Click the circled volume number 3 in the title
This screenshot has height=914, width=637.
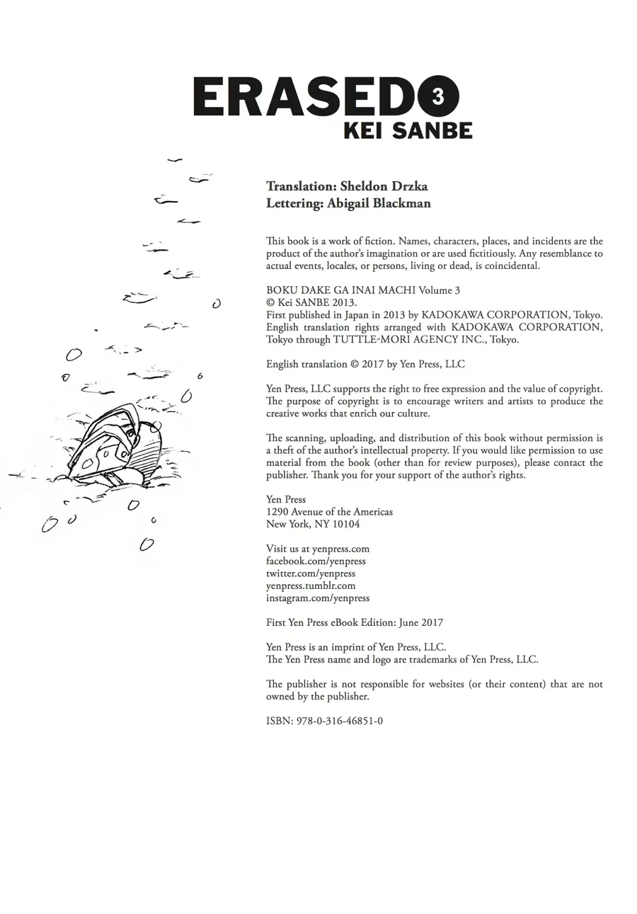(x=437, y=96)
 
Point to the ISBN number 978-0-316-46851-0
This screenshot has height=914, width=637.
(x=337, y=721)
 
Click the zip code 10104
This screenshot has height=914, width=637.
(x=346, y=524)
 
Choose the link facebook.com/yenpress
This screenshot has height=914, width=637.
(x=316, y=561)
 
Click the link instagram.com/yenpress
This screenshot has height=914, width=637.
(x=318, y=598)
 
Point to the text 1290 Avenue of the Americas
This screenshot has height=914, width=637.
(x=329, y=511)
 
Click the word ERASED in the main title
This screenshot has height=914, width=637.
(x=304, y=97)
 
